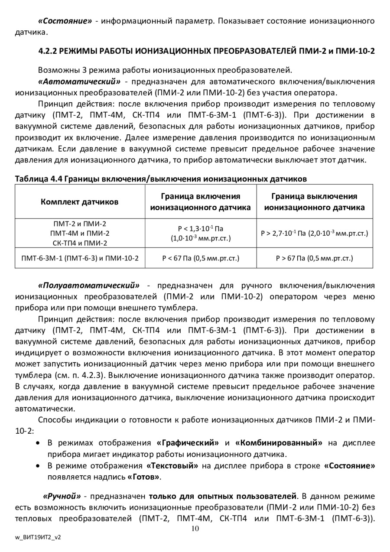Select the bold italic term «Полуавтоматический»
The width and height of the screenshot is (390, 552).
(x=89, y=286)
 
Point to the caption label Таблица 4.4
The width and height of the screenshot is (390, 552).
(x=38, y=179)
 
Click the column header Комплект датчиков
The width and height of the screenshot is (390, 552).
(x=80, y=201)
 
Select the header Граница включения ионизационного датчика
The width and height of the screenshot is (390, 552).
(x=200, y=201)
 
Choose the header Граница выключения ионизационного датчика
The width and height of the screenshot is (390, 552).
(x=314, y=201)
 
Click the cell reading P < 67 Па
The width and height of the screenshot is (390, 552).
(x=201, y=258)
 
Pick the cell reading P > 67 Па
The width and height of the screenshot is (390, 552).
(x=314, y=258)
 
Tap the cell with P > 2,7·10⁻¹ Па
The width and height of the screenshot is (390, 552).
(x=314, y=234)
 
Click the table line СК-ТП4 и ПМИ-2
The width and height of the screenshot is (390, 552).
(x=80, y=243)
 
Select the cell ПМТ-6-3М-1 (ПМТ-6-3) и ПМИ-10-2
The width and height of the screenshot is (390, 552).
(x=80, y=258)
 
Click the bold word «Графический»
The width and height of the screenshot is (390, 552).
(x=188, y=443)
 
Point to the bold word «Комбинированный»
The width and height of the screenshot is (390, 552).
(x=279, y=443)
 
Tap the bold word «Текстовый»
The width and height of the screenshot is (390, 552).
(x=172, y=466)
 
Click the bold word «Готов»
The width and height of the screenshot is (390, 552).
(x=144, y=477)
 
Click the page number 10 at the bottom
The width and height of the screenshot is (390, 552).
(x=195, y=528)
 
